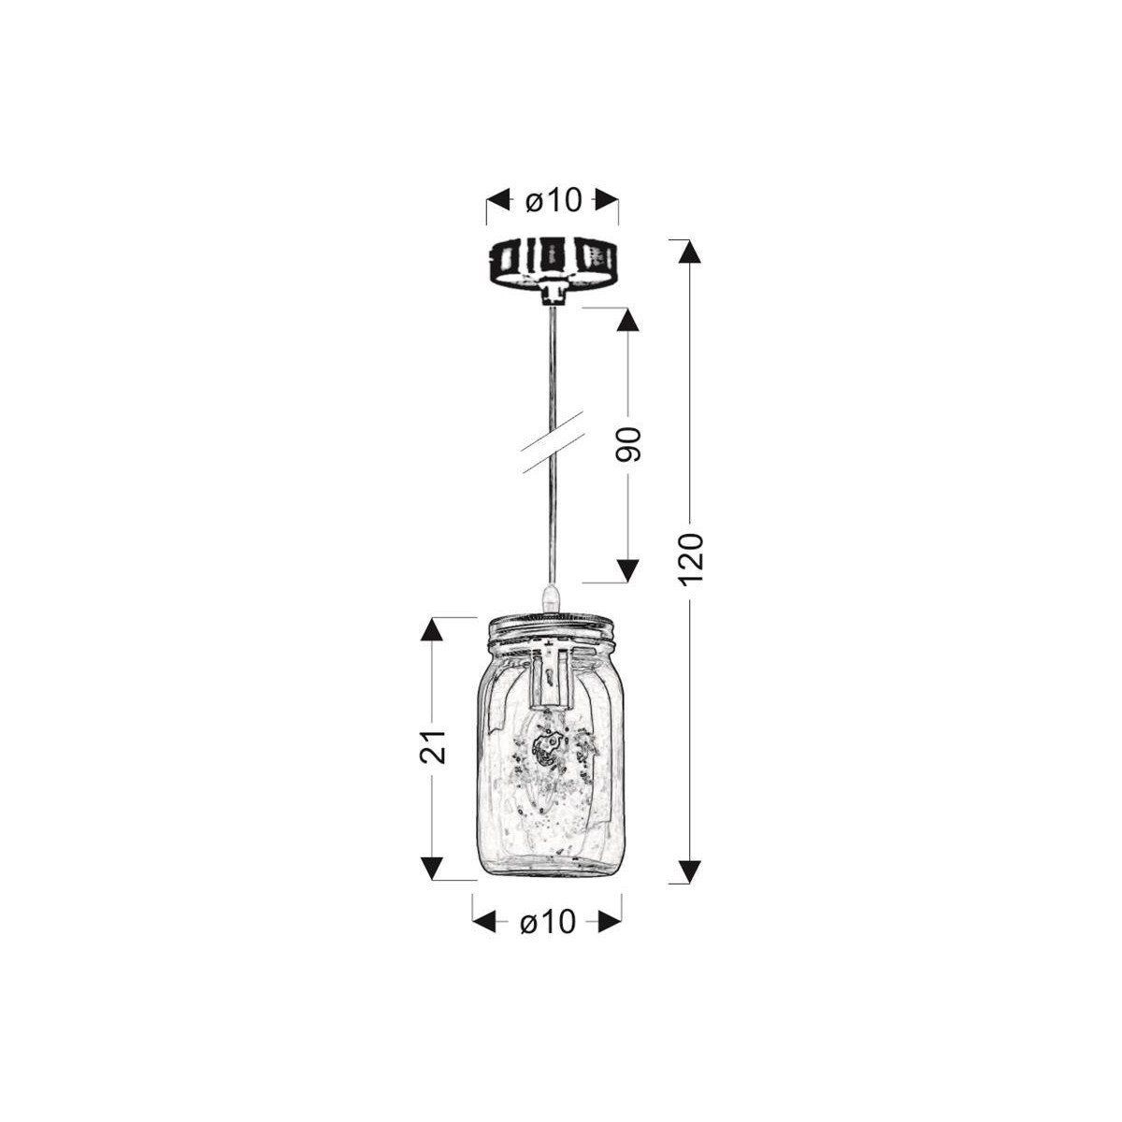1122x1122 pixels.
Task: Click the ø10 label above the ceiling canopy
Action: [553, 199]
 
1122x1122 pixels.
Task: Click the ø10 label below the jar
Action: [547, 923]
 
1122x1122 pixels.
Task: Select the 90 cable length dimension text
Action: [628, 445]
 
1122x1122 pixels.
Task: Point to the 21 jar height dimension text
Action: [432, 747]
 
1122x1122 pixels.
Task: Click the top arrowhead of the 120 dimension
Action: [689, 253]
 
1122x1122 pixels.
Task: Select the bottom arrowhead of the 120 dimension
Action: [689, 870]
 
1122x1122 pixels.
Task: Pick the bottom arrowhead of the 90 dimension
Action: [628, 570]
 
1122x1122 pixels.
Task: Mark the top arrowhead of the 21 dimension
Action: [431, 629]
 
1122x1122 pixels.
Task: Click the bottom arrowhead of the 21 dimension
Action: [431, 868]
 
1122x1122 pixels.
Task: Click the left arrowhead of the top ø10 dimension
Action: [499, 199]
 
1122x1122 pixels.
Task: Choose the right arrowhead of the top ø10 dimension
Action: [607, 199]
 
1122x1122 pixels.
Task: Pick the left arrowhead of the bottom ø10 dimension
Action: [484, 923]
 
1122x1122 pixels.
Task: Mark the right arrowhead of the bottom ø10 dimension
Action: [609, 923]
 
